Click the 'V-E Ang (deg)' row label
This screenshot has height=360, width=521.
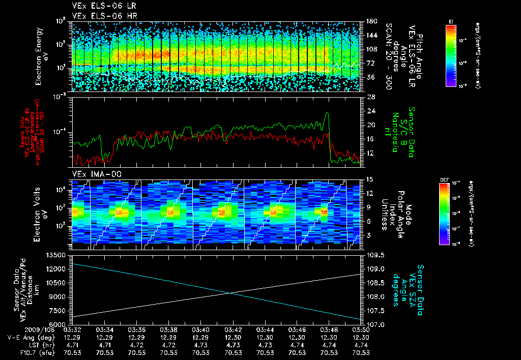click(x=27, y=337)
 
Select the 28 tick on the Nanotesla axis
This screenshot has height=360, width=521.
click(x=370, y=97)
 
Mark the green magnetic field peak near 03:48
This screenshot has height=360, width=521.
click(x=327, y=113)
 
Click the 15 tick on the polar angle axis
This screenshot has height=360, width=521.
click(x=370, y=179)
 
